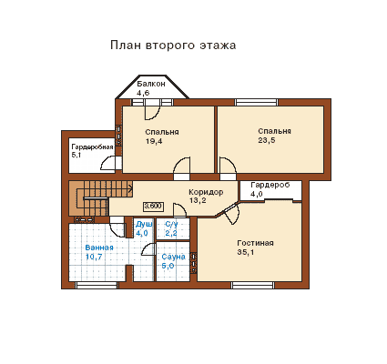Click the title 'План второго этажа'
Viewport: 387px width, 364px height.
173,45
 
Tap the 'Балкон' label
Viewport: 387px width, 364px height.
151,84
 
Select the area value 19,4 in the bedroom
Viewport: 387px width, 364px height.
154,141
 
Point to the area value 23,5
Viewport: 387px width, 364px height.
267,140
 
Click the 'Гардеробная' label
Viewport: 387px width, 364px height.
92,147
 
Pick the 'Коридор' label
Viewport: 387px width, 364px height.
206,192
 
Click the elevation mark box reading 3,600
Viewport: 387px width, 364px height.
153,207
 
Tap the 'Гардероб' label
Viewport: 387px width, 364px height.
270,185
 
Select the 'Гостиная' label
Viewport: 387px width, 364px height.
255,243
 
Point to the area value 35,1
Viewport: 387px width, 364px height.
246,252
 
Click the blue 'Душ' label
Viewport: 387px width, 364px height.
144,224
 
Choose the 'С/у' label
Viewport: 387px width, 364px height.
171,224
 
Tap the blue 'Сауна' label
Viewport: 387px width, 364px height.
173,257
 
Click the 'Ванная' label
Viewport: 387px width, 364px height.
99,248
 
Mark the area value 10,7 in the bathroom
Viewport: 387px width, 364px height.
94,257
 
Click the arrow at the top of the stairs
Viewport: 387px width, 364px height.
130,188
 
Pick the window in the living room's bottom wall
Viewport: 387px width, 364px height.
253,285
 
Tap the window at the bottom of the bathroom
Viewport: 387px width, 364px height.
97,285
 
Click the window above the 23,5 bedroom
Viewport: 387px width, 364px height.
257,102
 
